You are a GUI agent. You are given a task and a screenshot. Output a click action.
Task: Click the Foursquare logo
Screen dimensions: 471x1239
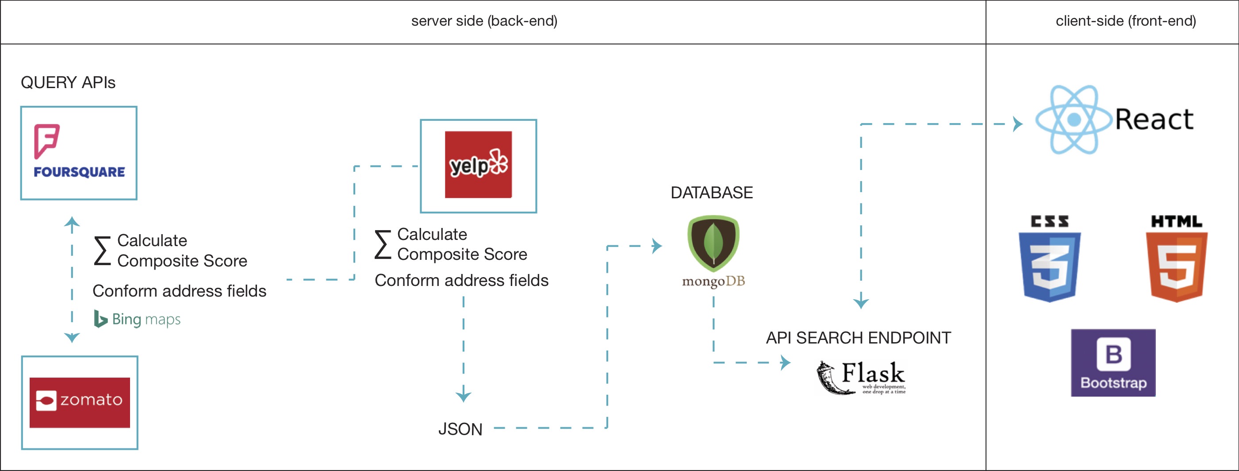point(79,152)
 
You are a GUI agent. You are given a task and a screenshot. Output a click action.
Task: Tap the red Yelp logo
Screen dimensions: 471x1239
point(478,165)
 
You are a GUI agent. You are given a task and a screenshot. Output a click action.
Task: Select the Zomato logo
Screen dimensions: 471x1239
point(79,402)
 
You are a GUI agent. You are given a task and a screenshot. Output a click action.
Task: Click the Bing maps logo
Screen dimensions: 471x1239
point(137,319)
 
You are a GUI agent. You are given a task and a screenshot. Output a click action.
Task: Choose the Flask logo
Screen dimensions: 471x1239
point(860,377)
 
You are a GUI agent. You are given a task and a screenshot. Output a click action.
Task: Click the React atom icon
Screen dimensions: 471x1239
point(1074,120)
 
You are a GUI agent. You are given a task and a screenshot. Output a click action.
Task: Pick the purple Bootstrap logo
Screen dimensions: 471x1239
point(1113,363)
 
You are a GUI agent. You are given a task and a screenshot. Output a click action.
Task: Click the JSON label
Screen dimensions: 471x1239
point(460,429)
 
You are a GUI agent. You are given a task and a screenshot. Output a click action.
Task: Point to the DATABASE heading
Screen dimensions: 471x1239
point(711,193)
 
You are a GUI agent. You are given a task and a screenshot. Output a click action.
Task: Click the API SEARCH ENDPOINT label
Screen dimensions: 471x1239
point(858,338)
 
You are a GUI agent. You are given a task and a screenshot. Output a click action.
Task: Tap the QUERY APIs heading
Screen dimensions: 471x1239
point(68,83)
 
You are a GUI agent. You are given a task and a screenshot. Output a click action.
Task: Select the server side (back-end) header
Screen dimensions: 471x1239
point(484,21)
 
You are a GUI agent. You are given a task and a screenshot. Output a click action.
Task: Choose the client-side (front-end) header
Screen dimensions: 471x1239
point(1125,21)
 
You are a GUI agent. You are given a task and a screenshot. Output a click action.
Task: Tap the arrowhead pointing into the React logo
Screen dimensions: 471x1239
point(1017,124)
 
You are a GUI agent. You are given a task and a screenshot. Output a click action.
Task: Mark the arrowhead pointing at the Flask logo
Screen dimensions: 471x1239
point(785,362)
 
